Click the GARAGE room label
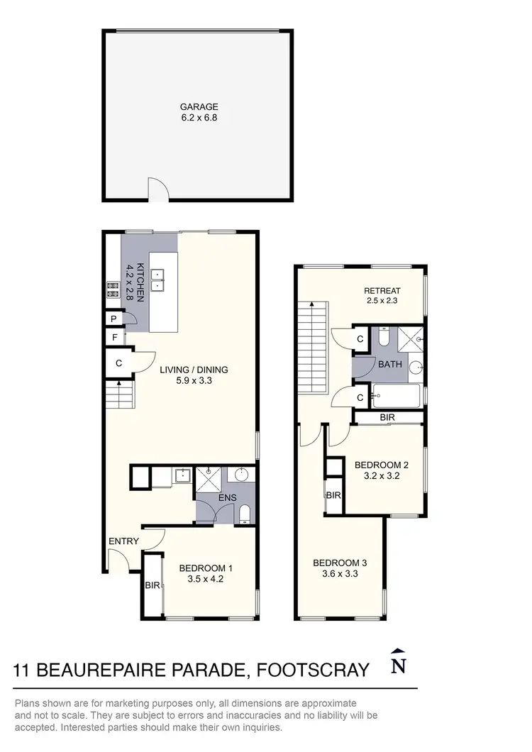click(198, 107)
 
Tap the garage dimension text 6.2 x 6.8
click(198, 118)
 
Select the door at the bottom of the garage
click(157, 190)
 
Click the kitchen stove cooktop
click(112, 288)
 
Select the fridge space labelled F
click(113, 338)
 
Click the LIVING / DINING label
click(194, 370)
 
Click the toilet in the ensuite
click(245, 513)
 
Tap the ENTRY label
click(123, 542)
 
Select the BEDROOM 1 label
click(206, 568)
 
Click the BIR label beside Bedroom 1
click(151, 586)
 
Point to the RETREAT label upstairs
click(382, 290)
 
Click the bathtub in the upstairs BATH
click(397, 394)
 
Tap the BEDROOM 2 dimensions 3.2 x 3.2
click(382, 477)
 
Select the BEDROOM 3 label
click(340, 563)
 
